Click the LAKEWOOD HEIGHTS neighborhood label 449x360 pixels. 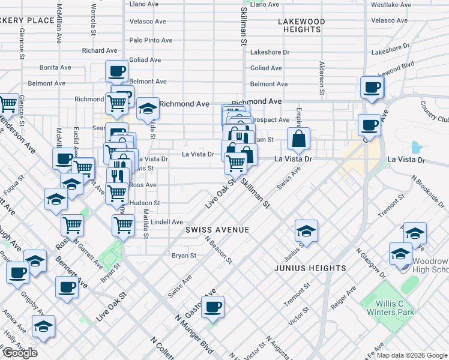(x=301, y=25)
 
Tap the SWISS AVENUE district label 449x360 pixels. (x=217, y=230)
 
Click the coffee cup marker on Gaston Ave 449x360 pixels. (x=212, y=308)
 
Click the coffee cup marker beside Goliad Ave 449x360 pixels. (x=117, y=71)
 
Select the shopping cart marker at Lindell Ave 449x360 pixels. (x=123, y=226)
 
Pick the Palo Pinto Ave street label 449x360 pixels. (x=151, y=40)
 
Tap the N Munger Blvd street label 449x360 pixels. (x=194, y=337)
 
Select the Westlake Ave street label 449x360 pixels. (x=391, y=4)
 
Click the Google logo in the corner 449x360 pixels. (x=20, y=353)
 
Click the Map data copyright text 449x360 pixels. (x=412, y=355)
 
